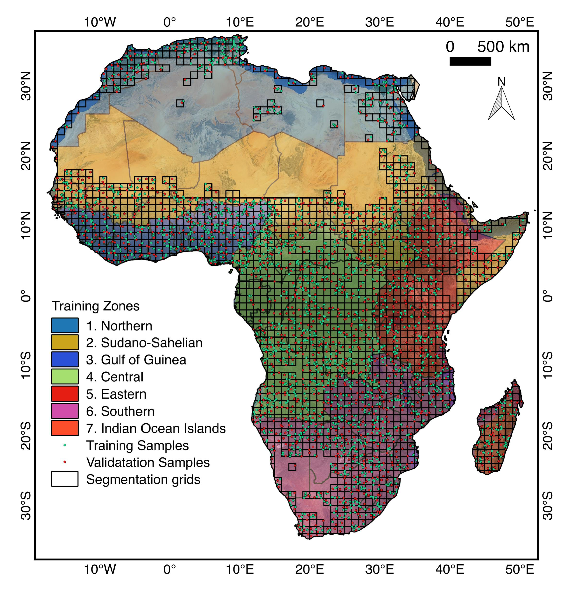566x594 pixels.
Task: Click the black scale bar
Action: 470,61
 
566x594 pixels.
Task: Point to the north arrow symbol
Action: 501,103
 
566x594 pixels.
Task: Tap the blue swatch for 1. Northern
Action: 64,325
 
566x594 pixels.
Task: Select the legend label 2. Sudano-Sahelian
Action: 144,343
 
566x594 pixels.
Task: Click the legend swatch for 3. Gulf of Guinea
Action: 64,359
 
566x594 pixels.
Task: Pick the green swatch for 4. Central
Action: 64,376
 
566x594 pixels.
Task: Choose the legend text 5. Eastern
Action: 116,394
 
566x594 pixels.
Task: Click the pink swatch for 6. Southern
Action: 64,411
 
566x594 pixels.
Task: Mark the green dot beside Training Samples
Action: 64,445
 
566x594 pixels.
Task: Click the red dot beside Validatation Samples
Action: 64,462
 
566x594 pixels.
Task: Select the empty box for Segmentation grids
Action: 64,479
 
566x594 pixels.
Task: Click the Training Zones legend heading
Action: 96,306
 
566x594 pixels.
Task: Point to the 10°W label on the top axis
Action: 100,22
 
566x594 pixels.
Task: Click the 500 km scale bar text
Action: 503,47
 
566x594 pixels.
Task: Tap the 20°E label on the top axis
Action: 309,22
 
